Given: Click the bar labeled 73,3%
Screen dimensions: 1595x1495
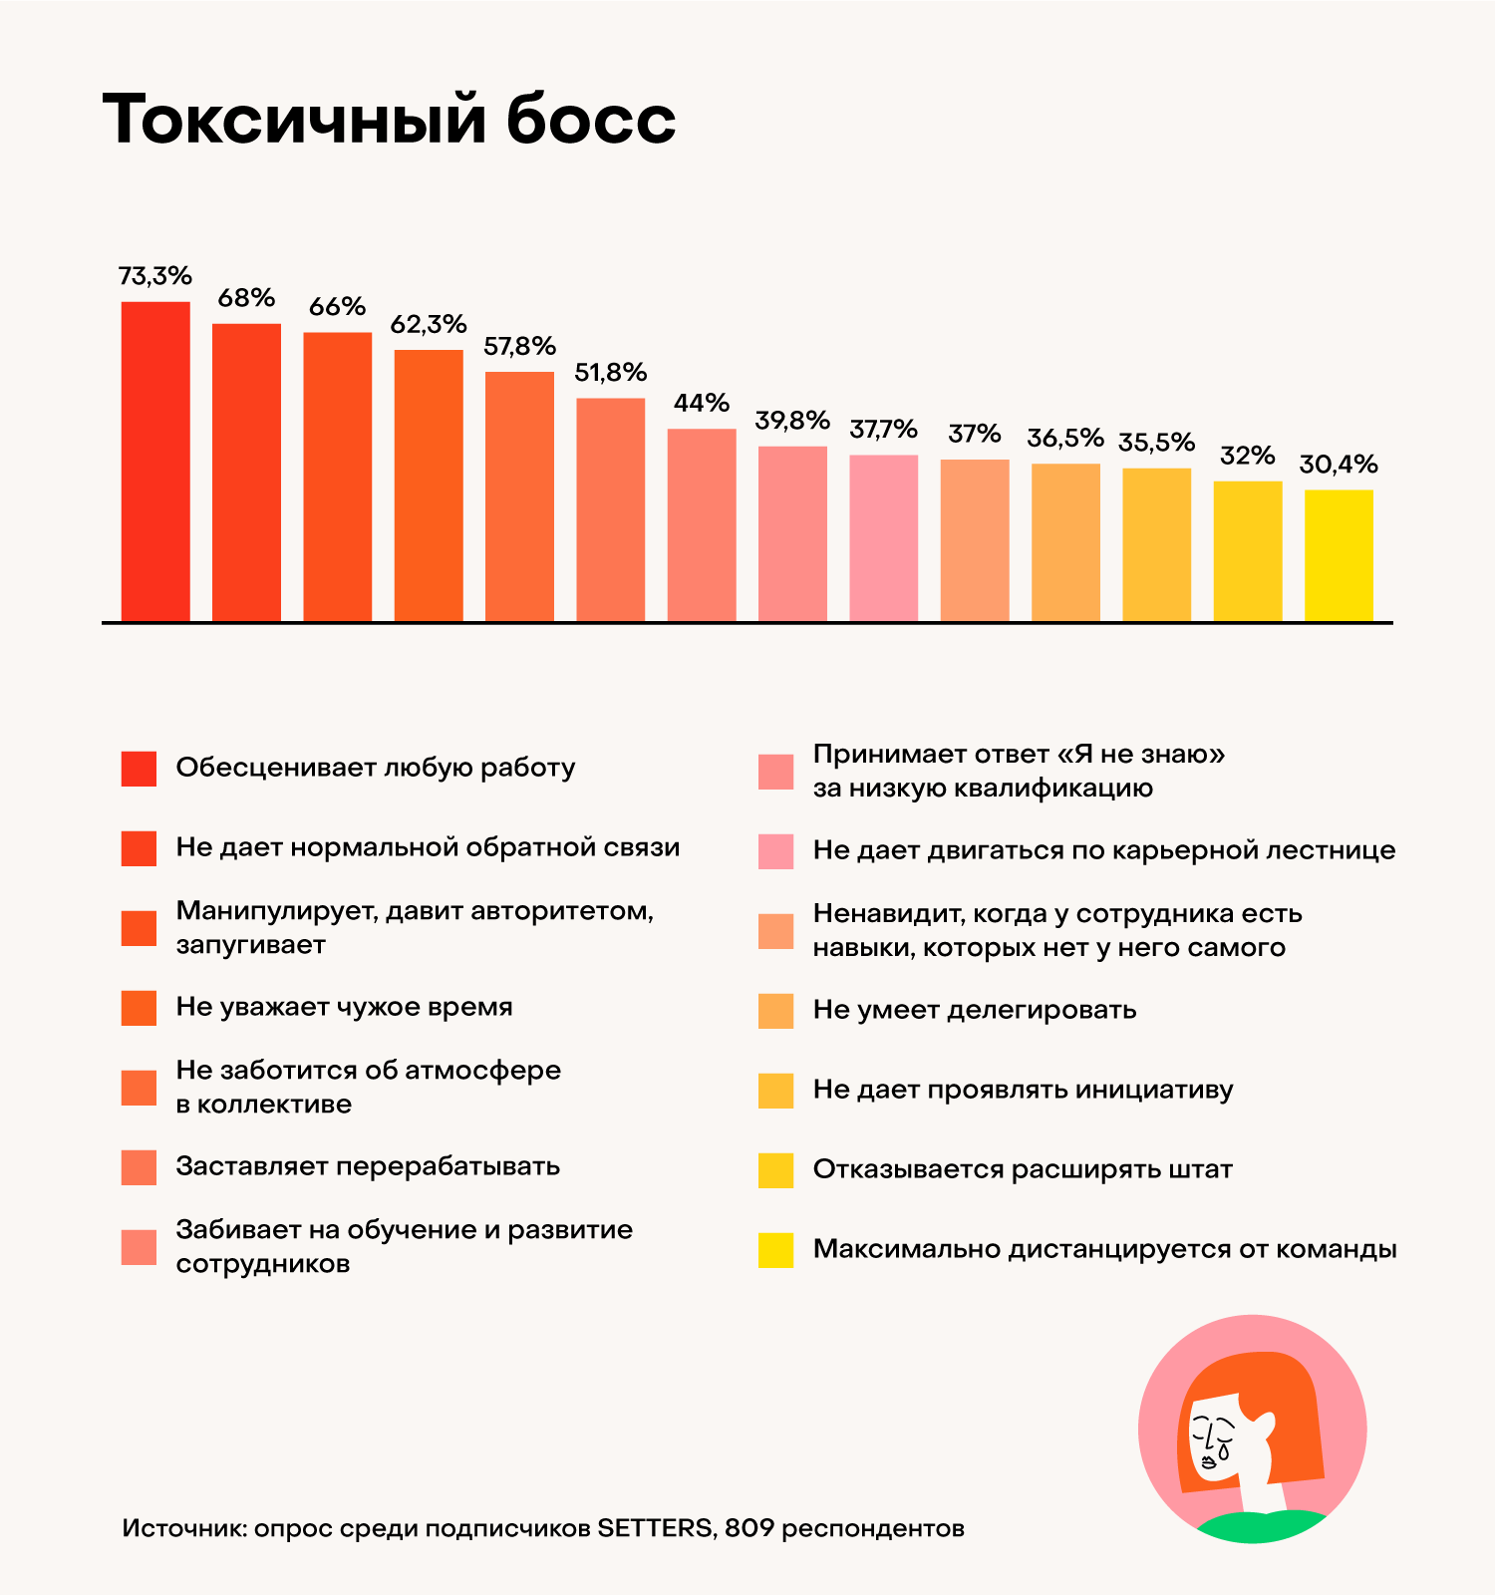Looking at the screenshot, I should (x=155, y=462).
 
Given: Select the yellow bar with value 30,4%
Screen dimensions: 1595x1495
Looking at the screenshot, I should (x=1339, y=555).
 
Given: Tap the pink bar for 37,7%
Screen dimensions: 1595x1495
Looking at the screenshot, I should (x=883, y=538).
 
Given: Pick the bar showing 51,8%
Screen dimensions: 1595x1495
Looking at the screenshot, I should (x=610, y=509).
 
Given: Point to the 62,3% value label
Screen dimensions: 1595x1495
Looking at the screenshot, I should (x=428, y=324).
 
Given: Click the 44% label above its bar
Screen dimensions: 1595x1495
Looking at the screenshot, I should (x=701, y=403).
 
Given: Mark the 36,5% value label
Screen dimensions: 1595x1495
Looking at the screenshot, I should (x=1065, y=438).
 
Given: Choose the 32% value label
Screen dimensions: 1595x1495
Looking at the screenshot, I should (x=1247, y=456).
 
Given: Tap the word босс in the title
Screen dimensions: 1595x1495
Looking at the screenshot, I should (x=591, y=120).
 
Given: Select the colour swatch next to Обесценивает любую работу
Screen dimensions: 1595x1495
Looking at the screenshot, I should (x=139, y=769).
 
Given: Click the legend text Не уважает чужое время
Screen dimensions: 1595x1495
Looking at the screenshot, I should (x=344, y=1007).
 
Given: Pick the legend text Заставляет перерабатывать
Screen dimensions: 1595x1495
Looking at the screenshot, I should (x=368, y=1166).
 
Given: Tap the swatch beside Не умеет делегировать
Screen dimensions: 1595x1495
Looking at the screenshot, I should (x=775, y=1011).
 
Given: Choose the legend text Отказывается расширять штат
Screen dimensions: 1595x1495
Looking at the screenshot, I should (x=1023, y=1169).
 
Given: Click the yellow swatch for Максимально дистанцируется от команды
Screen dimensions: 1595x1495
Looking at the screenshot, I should (x=775, y=1250).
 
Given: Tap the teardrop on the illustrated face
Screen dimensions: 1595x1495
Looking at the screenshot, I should (x=1223, y=1451).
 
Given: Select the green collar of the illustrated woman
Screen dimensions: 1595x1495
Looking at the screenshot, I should (x=1261, y=1526).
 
